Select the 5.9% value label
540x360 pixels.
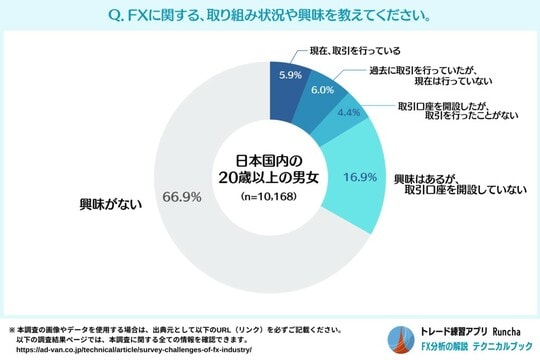coord(290,74)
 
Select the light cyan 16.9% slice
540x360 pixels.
coord(355,200)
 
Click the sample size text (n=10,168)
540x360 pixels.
coord(268,198)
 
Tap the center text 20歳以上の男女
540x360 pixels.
coord(268,179)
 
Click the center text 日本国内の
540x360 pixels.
coord(268,161)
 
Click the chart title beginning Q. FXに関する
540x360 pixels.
coord(270,16)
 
